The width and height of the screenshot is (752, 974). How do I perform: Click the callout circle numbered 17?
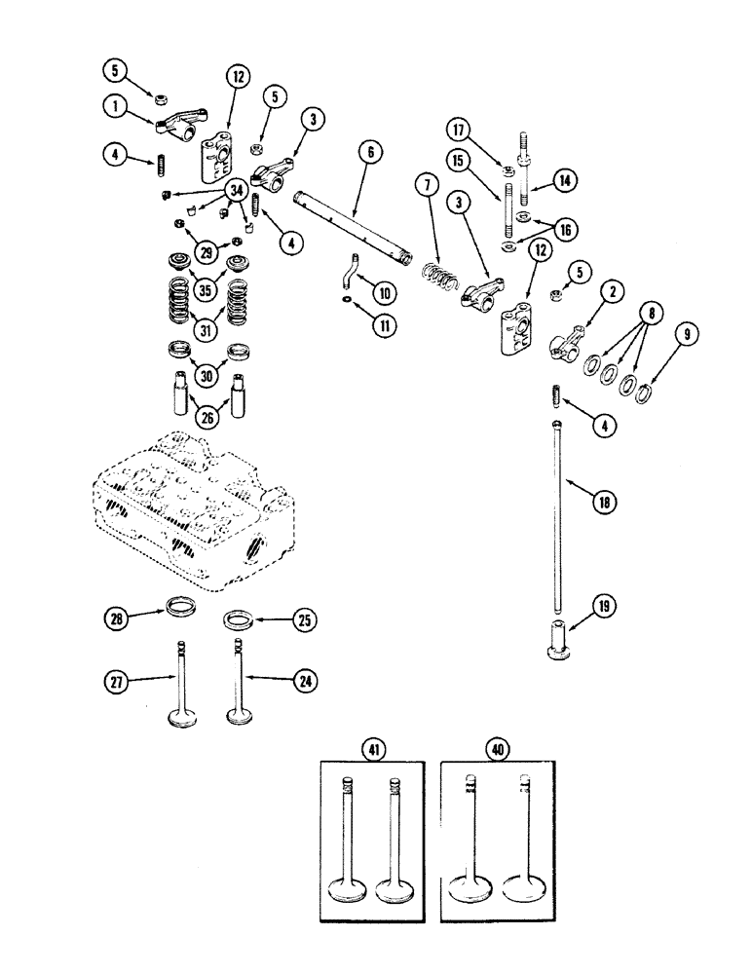click(459, 129)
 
